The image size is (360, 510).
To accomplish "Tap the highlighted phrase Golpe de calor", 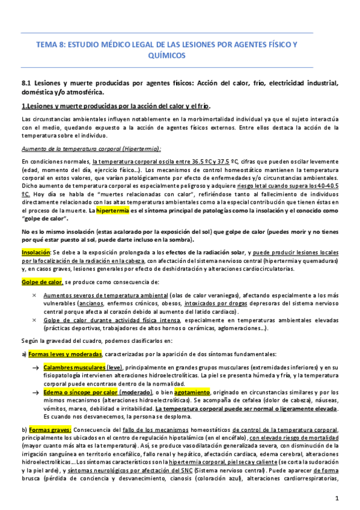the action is tap(42, 282).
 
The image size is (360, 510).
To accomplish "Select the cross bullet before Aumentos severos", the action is tap(34, 296).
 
